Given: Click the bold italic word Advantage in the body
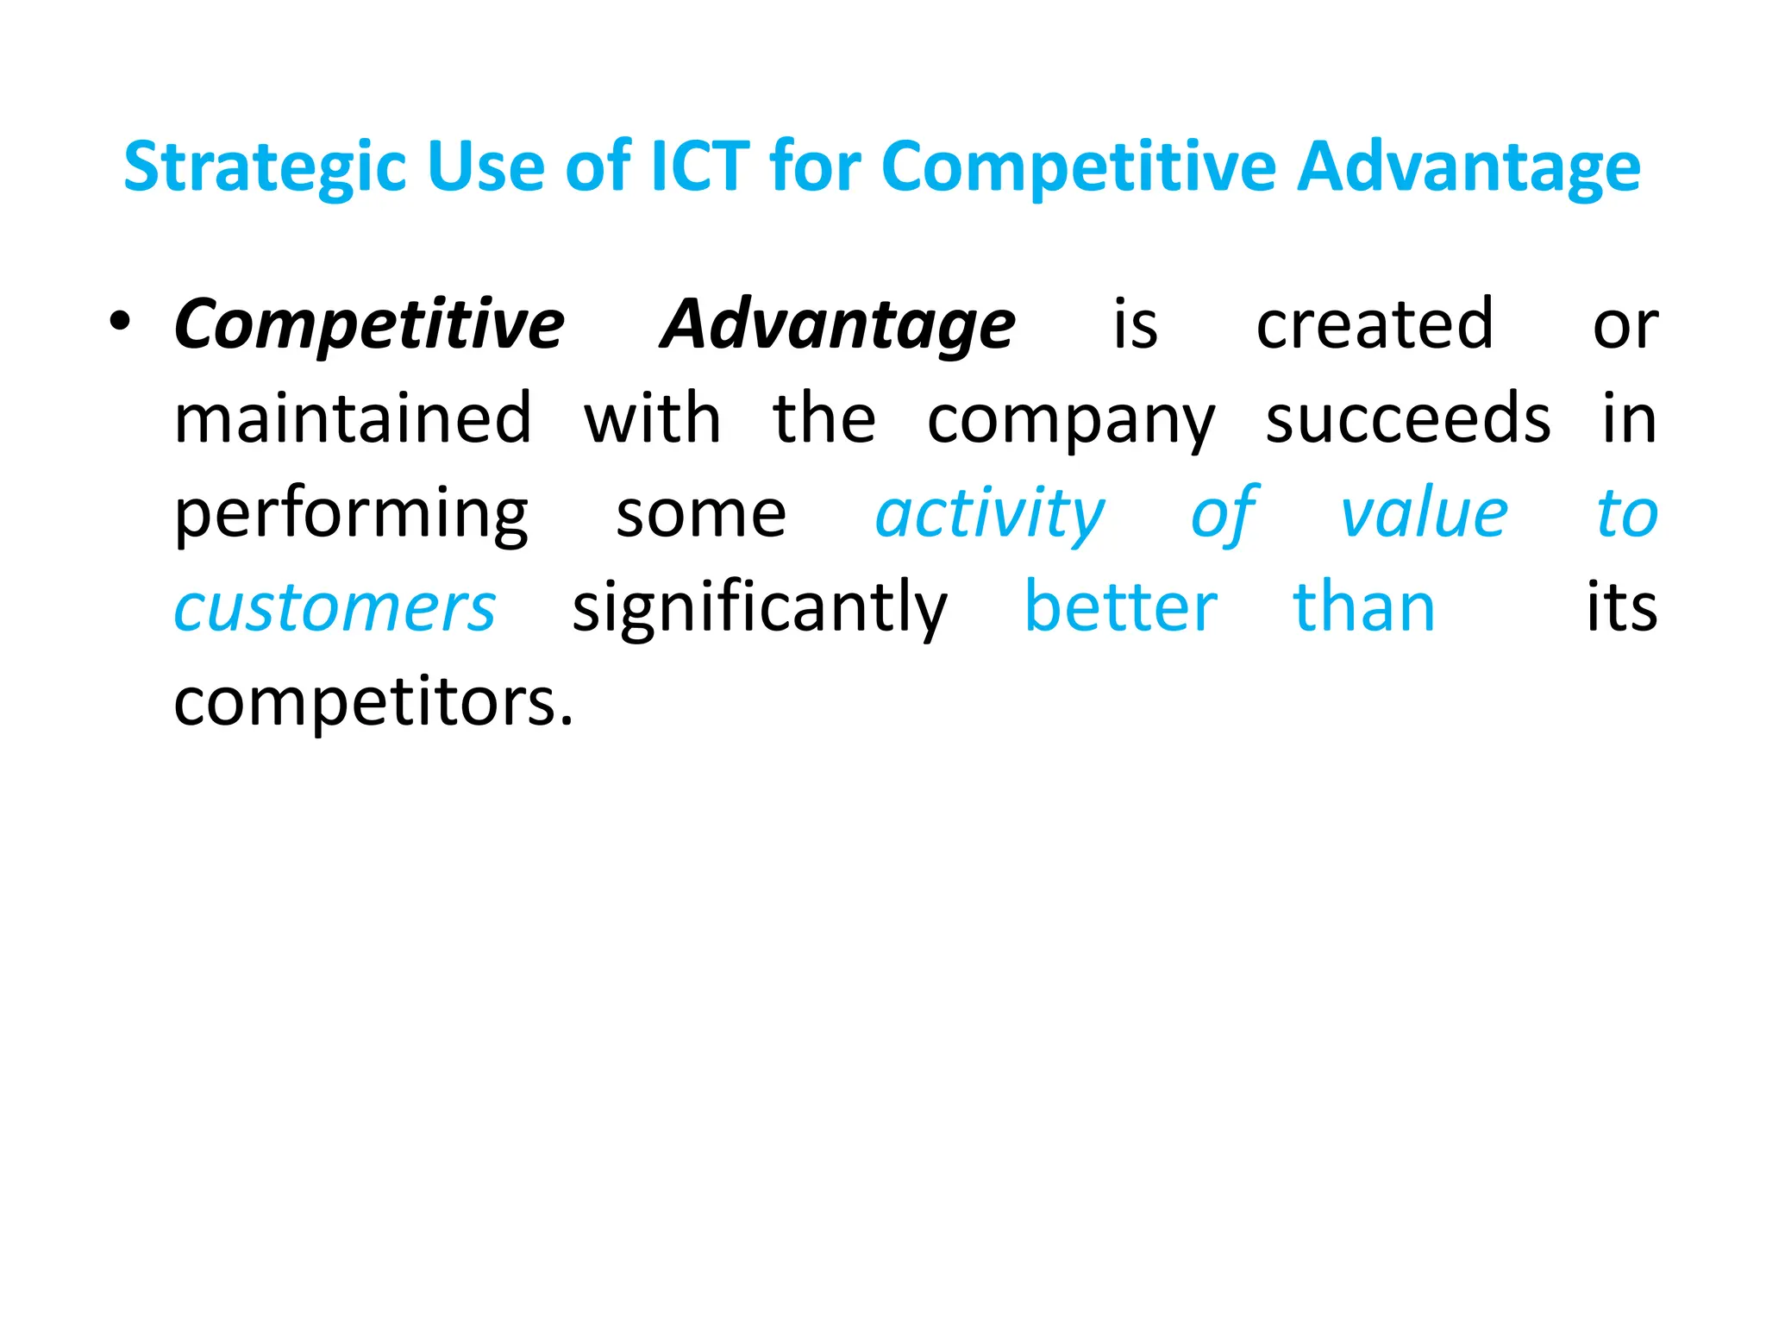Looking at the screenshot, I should (x=837, y=326).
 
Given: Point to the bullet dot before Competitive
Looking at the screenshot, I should (x=120, y=322).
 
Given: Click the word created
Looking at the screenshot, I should (x=1374, y=324).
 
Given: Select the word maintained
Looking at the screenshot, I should (x=353, y=418).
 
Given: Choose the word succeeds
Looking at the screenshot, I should (x=1407, y=418).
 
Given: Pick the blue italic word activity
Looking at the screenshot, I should (x=989, y=514).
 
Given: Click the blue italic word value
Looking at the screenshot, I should (x=1424, y=513).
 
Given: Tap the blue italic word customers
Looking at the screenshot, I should (x=335, y=609).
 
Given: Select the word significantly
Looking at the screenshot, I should (x=760, y=609).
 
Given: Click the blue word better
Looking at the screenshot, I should (x=1120, y=607).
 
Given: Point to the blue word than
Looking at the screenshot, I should (x=1364, y=607).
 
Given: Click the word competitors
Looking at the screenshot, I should (x=366, y=703).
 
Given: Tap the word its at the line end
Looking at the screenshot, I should (x=1621, y=607).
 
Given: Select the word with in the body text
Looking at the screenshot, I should (x=652, y=418).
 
